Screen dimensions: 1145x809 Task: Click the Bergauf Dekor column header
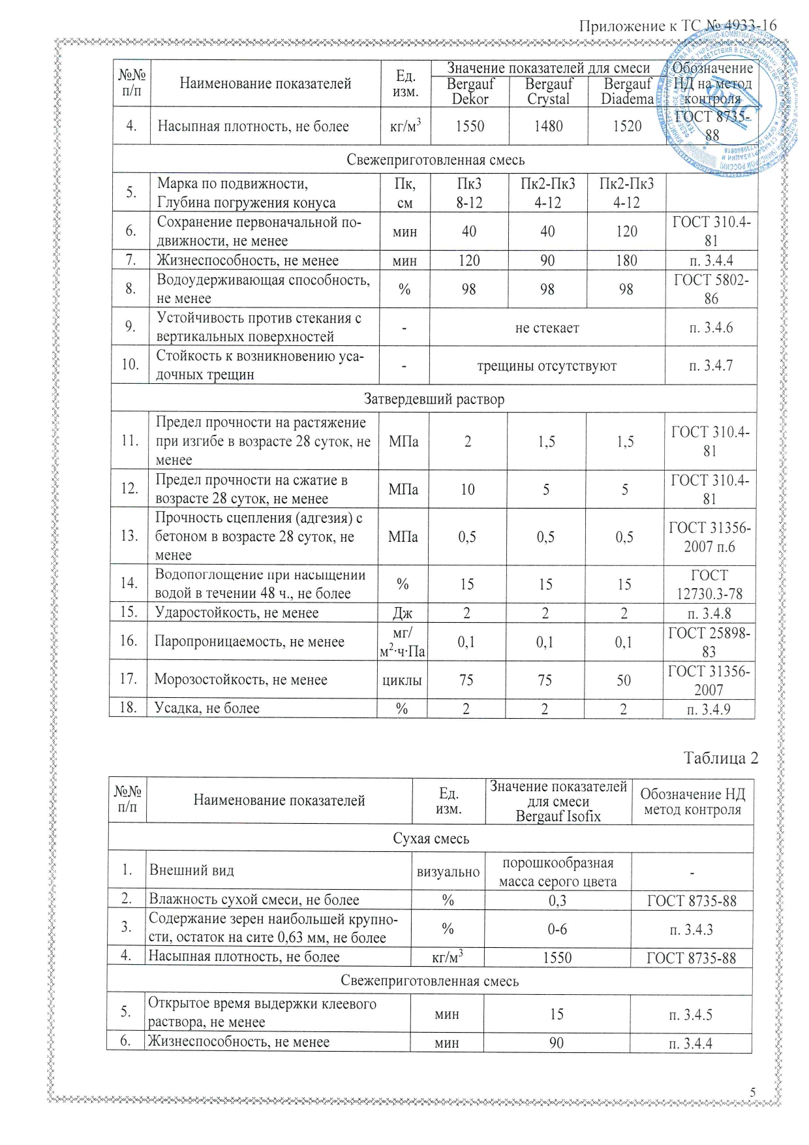pos(470,91)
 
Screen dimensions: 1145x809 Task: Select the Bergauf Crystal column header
pos(549,91)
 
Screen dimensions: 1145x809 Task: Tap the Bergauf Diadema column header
pos(627,91)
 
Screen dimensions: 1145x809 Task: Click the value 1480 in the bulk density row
pos(548,126)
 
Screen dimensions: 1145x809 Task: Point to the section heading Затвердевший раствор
pos(434,399)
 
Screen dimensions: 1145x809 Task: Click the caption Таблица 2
pos(721,758)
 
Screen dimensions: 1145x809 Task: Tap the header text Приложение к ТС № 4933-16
pos(678,26)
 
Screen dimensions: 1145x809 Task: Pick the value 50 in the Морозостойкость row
pos(624,680)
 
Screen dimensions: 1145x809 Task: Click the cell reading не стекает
pos(547,328)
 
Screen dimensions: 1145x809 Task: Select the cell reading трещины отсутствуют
pos(547,366)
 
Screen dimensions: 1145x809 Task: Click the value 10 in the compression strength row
pos(468,490)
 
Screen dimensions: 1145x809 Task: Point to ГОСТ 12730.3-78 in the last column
pos(709,584)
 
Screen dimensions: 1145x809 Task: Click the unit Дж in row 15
pos(402,614)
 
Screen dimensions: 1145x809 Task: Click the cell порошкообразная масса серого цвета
pos(558,872)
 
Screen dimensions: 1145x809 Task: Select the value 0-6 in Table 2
pos(557,929)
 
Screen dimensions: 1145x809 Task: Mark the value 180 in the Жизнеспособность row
pos(626,260)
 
